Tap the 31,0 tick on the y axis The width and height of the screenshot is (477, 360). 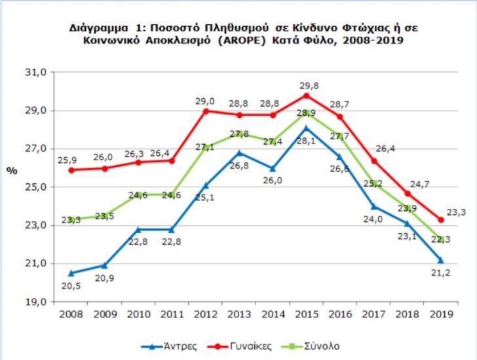tap(33, 73)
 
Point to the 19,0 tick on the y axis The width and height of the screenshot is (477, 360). tap(33, 302)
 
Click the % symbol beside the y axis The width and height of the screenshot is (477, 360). tap(12, 170)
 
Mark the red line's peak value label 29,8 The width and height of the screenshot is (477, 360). tap(307, 86)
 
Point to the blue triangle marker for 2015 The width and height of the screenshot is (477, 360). tap(306, 128)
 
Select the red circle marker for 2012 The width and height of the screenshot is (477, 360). tap(206, 111)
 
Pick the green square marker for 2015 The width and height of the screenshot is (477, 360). tap(306, 113)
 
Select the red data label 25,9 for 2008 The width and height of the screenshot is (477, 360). tap(68, 159)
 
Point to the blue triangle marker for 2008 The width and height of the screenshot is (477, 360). tap(71, 273)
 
